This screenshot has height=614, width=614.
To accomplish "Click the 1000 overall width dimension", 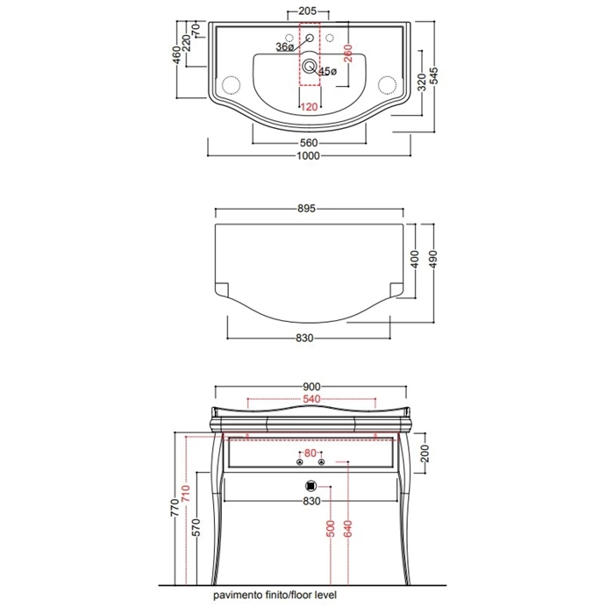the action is [x=308, y=156].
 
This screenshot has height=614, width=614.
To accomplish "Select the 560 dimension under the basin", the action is [x=309, y=143].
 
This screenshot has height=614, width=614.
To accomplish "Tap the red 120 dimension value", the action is [x=309, y=106].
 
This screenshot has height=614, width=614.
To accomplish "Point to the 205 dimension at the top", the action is [x=307, y=11].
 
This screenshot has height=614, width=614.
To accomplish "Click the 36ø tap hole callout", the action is [x=285, y=47].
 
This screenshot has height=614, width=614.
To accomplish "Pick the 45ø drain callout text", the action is [x=328, y=71].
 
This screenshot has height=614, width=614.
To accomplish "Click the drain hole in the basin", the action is [x=310, y=66].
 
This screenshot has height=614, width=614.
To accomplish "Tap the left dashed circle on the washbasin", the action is [x=231, y=85].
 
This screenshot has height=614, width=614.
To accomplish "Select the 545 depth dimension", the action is [x=434, y=76].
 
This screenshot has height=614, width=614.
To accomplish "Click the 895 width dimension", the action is [x=306, y=209].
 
